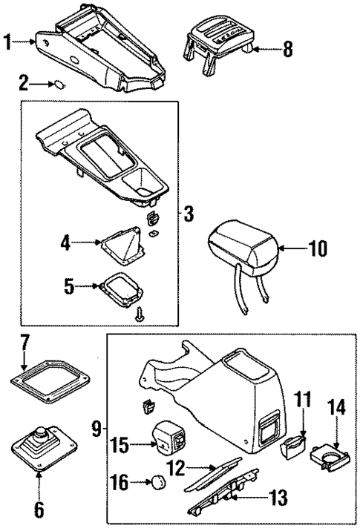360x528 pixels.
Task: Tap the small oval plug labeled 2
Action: pyautogui.click(x=56, y=85)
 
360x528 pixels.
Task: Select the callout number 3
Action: pyautogui.click(x=189, y=216)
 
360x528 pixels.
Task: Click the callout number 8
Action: pyautogui.click(x=287, y=52)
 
